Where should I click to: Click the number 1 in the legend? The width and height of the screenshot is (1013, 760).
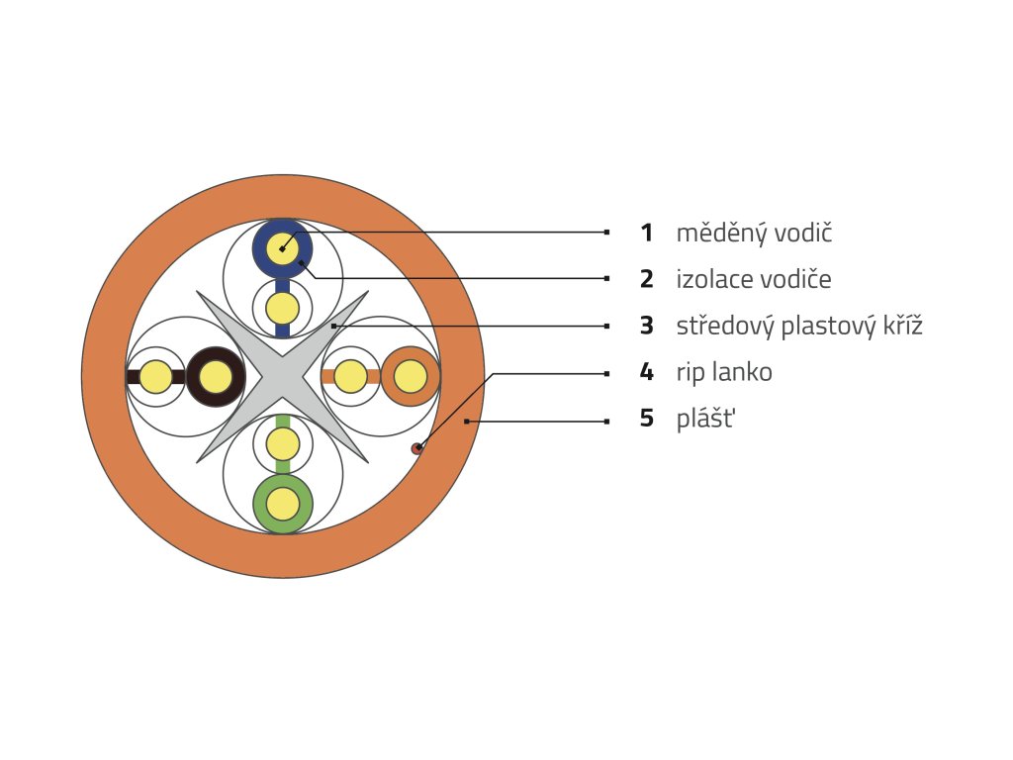pyautogui.click(x=646, y=234)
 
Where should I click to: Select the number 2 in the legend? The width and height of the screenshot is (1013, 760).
pyautogui.click(x=646, y=280)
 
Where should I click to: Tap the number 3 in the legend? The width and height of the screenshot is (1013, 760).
pyautogui.click(x=646, y=326)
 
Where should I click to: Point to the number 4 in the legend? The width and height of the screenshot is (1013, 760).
pyautogui.click(x=646, y=373)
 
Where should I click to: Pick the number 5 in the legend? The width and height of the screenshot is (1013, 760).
pyautogui.click(x=646, y=419)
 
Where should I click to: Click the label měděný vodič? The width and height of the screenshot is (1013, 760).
pyautogui.click(x=754, y=234)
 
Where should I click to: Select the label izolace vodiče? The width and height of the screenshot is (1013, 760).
pyautogui.click(x=754, y=280)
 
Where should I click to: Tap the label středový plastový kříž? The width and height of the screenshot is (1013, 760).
pyautogui.click(x=799, y=326)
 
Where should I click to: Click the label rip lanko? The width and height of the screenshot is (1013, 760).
pyautogui.click(x=724, y=373)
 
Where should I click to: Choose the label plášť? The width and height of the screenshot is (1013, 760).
pyautogui.click(x=706, y=419)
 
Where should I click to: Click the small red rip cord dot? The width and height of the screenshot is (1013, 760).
pyautogui.click(x=417, y=449)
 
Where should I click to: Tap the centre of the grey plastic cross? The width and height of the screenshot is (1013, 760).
pyautogui.click(x=283, y=376)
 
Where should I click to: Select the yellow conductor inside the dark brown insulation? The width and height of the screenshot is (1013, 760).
pyautogui.click(x=216, y=377)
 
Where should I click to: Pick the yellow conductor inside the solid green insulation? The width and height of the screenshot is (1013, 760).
pyautogui.click(x=283, y=505)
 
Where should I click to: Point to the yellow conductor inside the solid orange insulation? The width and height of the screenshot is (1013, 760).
pyautogui.click(x=410, y=377)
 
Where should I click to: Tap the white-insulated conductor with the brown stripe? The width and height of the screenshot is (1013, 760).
pyautogui.click(x=155, y=377)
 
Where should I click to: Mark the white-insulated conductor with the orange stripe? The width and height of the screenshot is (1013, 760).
pyautogui.click(x=350, y=377)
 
